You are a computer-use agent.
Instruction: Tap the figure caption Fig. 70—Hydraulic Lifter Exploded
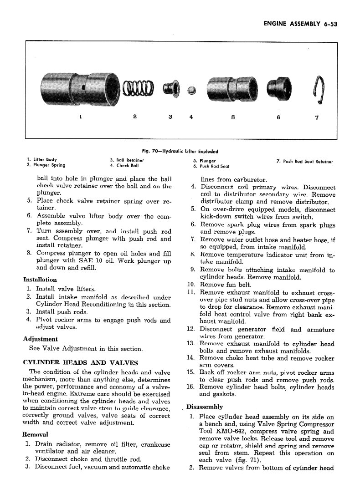[x=180, y=152]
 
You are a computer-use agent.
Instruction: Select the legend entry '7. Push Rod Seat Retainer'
[x=304, y=162]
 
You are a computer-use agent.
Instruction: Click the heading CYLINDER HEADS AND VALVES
[x=80, y=362]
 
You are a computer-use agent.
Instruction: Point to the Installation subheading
[x=40, y=280]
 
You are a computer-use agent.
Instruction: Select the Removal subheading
[x=37, y=433]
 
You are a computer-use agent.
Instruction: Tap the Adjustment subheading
[x=40, y=339]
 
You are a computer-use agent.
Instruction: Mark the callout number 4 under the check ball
[x=191, y=117]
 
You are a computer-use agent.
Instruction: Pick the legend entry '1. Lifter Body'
[x=41, y=160]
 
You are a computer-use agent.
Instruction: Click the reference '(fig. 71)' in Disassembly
[x=248, y=460]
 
